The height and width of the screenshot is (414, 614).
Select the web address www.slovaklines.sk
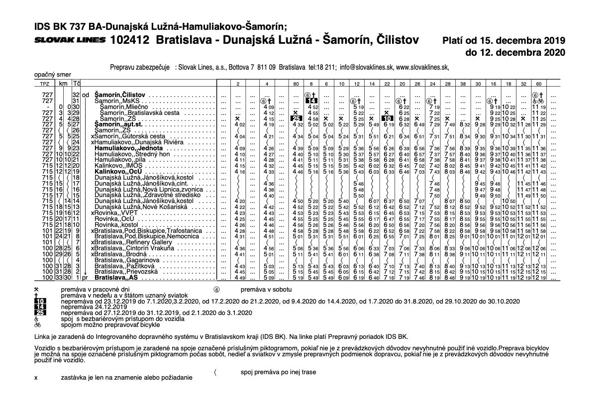point(422,67)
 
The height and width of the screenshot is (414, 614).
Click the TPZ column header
point(44,83)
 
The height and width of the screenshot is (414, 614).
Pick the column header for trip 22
point(387,83)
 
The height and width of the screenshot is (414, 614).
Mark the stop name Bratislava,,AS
point(115,278)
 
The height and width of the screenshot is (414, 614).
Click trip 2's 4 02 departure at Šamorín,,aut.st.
point(239,124)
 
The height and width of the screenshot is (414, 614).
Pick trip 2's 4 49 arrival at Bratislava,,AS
point(239,278)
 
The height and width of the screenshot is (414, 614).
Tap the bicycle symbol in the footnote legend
point(37,324)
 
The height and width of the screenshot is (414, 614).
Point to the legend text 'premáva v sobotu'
point(263,289)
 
